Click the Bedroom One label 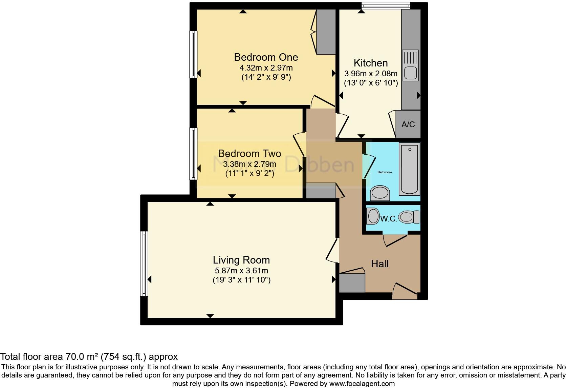pyautogui.click(x=266, y=57)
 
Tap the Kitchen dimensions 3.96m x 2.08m pyautogui.click(x=371, y=74)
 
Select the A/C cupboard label pyautogui.click(x=408, y=124)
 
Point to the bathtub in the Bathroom pyautogui.click(x=410, y=169)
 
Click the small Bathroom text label pyautogui.click(x=385, y=172)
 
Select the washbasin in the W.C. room pyautogui.click(x=373, y=216)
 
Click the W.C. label pyautogui.click(x=389, y=219)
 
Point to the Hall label pyautogui.click(x=379, y=264)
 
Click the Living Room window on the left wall pyautogui.click(x=144, y=263)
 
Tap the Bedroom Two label pyautogui.click(x=249, y=153)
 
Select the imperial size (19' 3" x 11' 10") pyautogui.click(x=241, y=280)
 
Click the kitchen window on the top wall pyautogui.click(x=386, y=5)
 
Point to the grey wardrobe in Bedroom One pyautogui.click(x=326, y=32)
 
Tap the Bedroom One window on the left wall pyautogui.click(x=193, y=54)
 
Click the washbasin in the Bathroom pyautogui.click(x=380, y=193)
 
